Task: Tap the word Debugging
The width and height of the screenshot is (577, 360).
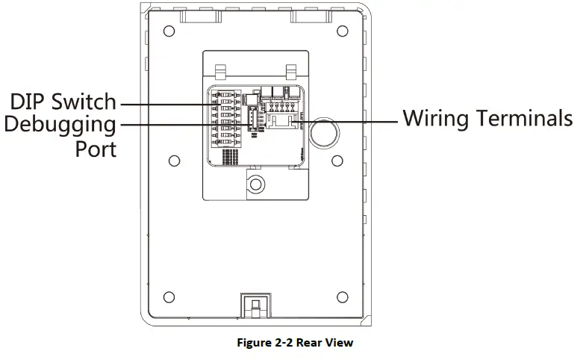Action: (60, 125)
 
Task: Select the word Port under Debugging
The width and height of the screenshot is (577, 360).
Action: (96, 148)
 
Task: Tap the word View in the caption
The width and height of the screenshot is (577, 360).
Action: (338, 343)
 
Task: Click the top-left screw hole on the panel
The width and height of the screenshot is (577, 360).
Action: (169, 31)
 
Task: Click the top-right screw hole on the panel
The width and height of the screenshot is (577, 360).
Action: (342, 31)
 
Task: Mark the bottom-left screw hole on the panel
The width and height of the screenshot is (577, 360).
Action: (169, 294)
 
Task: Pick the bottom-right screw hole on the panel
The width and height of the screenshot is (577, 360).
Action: (342, 294)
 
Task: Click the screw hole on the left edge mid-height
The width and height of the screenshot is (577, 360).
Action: (173, 160)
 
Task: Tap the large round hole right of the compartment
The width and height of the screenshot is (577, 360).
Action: (322, 131)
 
